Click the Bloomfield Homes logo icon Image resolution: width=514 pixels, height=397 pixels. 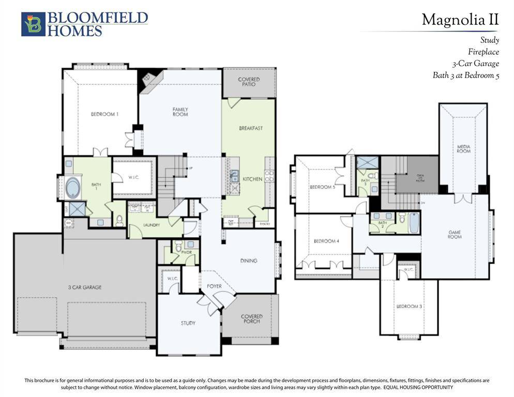[x=33, y=24]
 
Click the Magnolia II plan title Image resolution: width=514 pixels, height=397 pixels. [x=460, y=20]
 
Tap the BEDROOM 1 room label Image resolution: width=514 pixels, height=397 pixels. [x=105, y=114]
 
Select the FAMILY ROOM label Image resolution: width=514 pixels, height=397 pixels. [x=180, y=112]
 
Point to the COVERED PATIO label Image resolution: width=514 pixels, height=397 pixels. [x=249, y=82]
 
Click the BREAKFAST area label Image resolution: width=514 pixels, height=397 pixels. [x=251, y=128]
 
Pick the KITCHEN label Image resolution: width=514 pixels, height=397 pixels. [x=252, y=179]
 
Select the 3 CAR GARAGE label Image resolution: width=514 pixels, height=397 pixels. [x=84, y=287]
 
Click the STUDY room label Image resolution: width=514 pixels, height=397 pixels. [x=188, y=323]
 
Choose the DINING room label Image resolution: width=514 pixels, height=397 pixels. [x=249, y=261]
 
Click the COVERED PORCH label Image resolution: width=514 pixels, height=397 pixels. [x=251, y=318]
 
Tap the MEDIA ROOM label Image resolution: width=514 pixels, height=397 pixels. [x=463, y=149]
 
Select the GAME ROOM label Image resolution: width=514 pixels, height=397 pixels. [x=455, y=235]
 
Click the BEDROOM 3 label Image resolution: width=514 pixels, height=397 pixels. [x=409, y=307]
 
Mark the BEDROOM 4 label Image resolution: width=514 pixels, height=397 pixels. [x=326, y=241]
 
